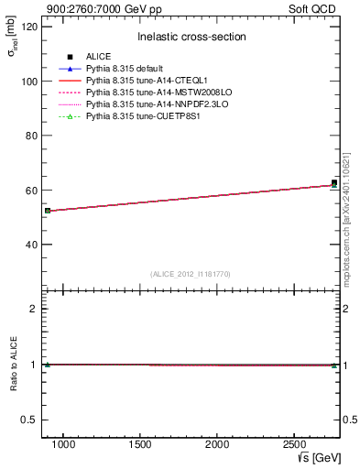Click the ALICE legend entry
click(98, 57)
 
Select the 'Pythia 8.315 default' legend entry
click(125, 69)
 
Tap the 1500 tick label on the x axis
click(140, 444)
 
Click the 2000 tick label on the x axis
click(216, 444)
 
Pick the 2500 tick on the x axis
click(292, 444)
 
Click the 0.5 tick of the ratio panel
click(29, 420)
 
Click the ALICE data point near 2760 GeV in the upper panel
click(334, 183)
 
